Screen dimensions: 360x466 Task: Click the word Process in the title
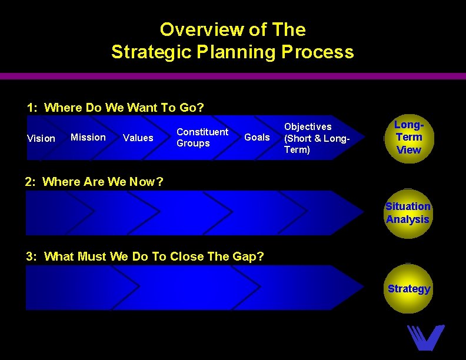318,52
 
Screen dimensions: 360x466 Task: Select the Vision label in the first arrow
41,138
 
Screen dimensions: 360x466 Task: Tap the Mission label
88,137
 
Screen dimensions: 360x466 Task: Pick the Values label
138,138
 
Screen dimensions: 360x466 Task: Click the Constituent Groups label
202,138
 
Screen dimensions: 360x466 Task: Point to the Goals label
257,137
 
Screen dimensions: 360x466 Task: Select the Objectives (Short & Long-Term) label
317,138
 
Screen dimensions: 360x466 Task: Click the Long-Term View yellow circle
408,138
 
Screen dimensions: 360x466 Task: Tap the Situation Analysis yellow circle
408,213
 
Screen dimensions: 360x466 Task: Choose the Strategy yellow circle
408,289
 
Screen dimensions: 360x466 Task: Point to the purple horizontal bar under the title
233,76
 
